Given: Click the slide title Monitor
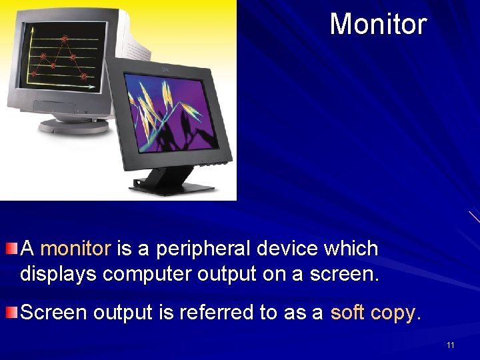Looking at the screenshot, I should tap(377, 24).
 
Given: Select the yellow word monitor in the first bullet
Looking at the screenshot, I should tap(75, 249).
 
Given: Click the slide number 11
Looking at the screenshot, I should tap(451, 345).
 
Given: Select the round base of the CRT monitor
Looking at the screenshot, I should tap(73, 125).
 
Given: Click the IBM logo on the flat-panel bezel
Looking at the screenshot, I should tap(163, 69).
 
